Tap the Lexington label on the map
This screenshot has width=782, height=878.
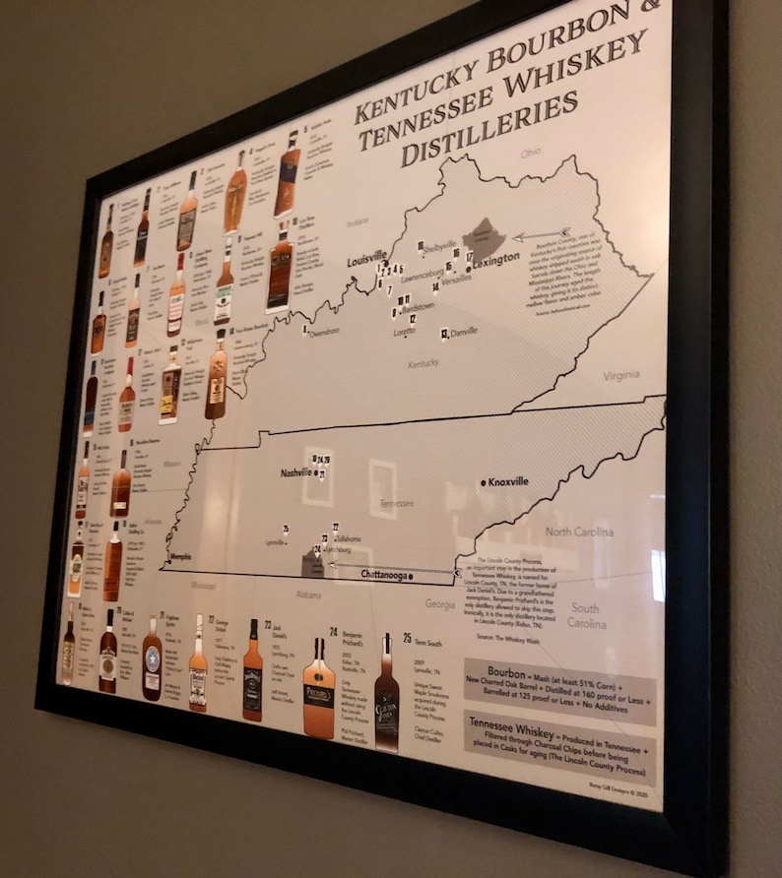coord(495,259)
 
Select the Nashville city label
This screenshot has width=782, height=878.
coord(295,472)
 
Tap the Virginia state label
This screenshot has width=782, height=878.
coord(620,375)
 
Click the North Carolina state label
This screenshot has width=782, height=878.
coord(580,533)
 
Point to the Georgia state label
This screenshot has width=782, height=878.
coord(439,604)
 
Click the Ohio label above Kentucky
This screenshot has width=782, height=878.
coord(531,153)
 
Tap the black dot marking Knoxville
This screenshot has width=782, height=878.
coord(483,482)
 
